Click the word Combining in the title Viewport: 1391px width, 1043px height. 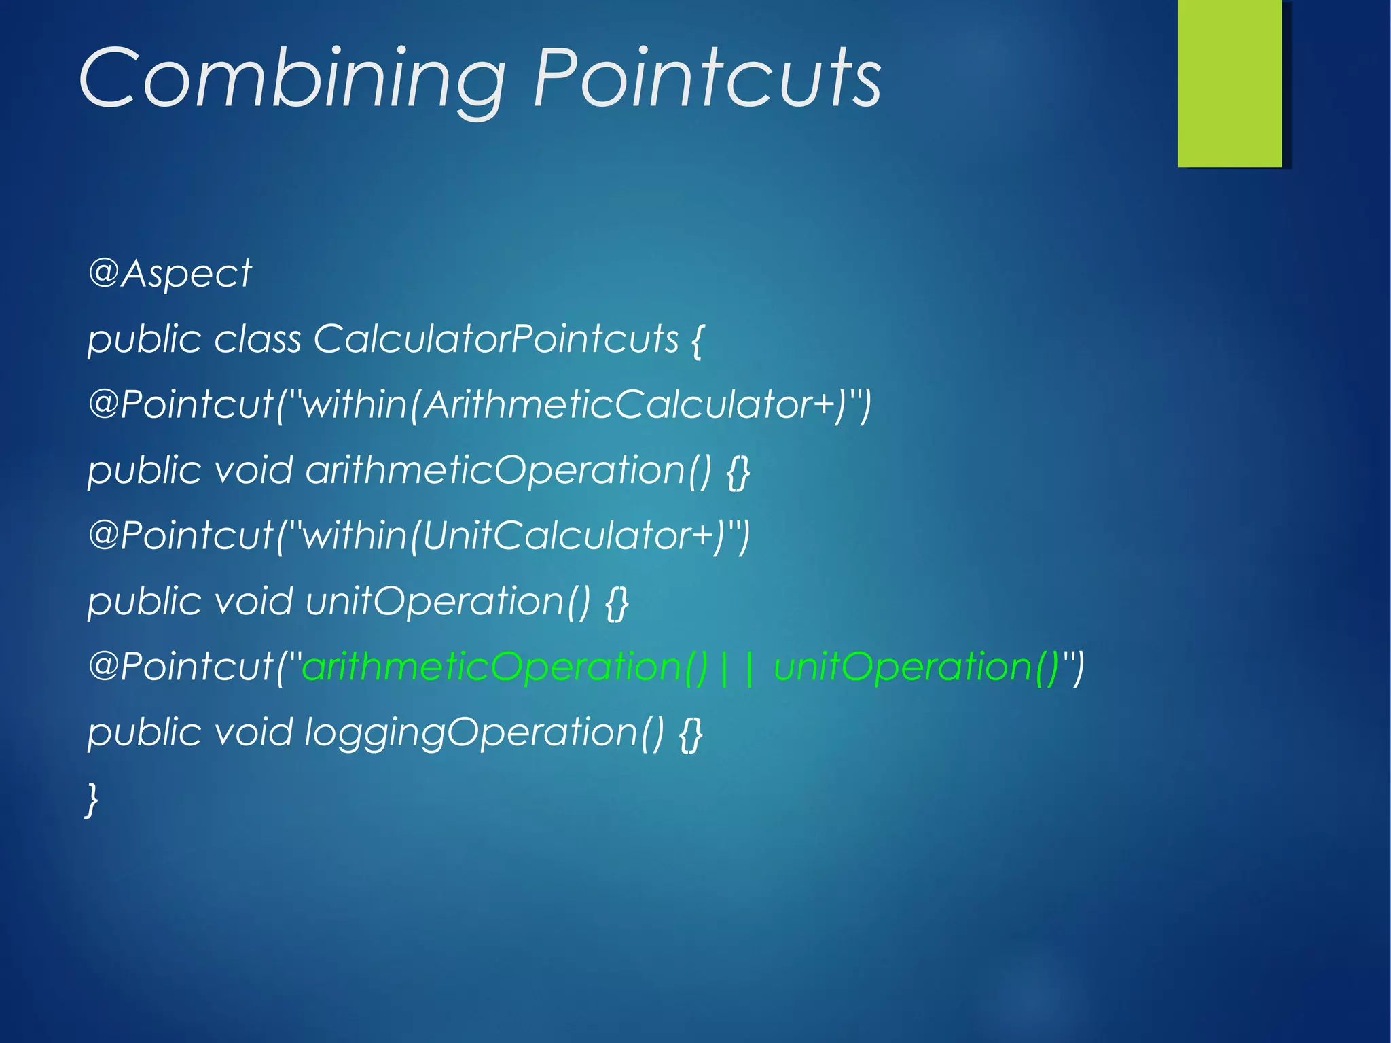292,78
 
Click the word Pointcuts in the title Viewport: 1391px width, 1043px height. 706,78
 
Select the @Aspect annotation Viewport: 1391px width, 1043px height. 170,274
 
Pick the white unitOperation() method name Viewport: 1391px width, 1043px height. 448,601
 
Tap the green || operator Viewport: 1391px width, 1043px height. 736,667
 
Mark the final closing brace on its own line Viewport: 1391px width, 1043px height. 92,799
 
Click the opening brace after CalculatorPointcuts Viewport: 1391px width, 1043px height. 697,340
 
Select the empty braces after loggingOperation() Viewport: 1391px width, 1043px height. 691,734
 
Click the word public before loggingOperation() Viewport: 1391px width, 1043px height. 145,732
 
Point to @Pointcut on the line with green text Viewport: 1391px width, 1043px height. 180,667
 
